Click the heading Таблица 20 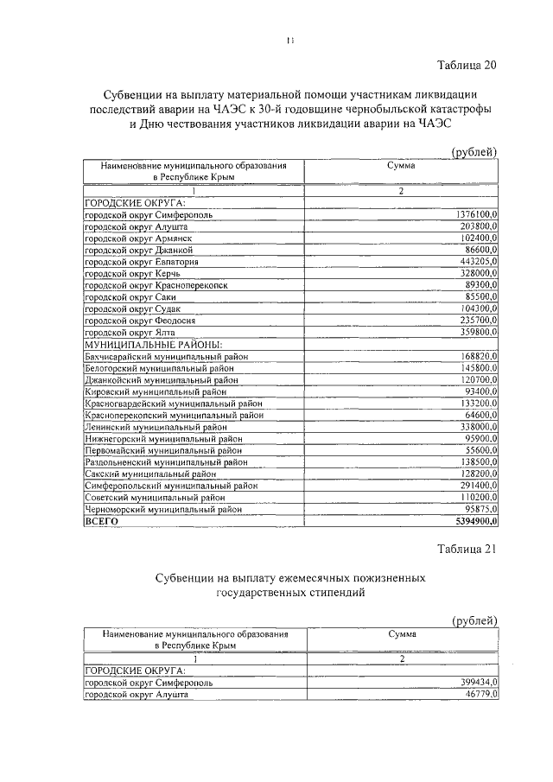[x=467, y=65]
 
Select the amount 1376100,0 [x=474, y=213]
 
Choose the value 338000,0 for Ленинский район [x=477, y=427]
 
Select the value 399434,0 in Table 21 [x=477, y=682]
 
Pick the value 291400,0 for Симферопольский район [x=477, y=486]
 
